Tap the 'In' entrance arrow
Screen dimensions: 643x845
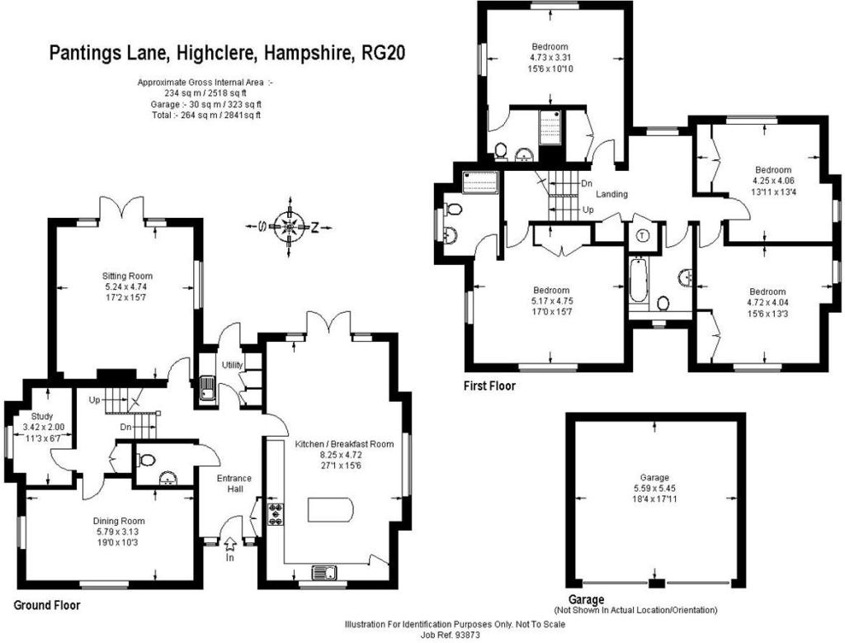point(229,545)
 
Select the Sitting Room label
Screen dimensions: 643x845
point(127,276)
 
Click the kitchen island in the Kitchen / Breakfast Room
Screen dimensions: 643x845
point(330,509)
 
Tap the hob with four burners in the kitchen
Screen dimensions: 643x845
point(275,514)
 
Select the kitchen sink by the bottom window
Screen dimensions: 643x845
point(322,573)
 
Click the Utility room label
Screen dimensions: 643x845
point(230,365)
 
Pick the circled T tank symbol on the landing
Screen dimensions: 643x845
point(642,234)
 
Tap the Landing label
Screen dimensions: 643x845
point(611,195)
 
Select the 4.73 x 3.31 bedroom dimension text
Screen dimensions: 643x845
point(550,58)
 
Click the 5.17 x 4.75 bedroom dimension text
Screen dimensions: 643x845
point(551,301)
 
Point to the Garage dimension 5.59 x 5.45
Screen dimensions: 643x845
point(656,489)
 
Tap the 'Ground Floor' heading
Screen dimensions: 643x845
point(47,605)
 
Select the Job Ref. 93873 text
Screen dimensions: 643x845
point(455,635)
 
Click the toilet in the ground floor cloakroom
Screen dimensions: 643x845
point(147,460)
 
